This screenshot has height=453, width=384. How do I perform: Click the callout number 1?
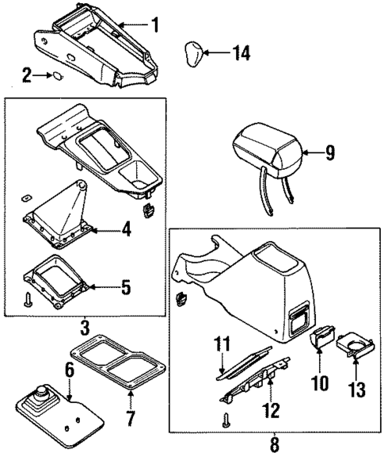click(155, 25)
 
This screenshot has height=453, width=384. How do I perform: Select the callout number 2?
click(27, 76)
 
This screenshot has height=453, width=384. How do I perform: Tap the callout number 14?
click(219, 53)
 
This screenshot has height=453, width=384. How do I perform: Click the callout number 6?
click(69, 370)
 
